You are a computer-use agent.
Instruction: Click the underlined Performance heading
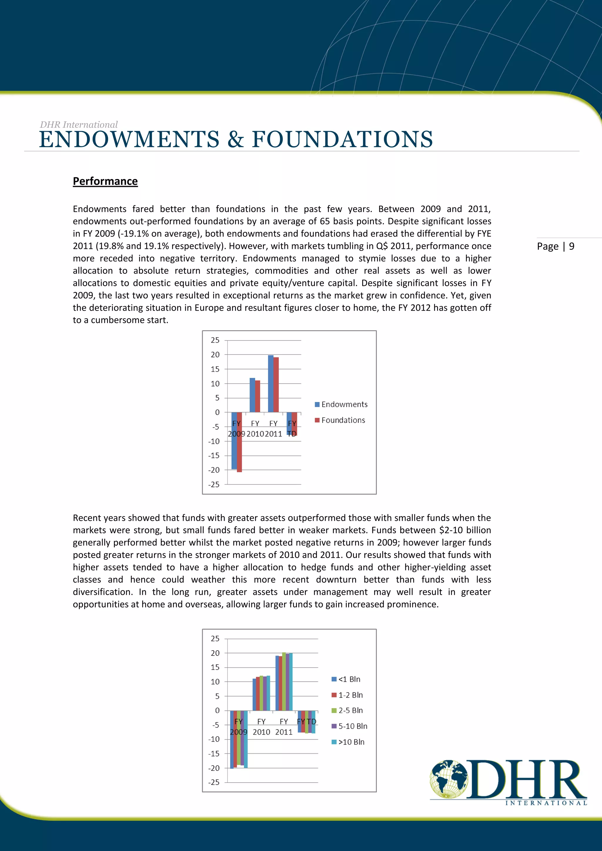[105, 181]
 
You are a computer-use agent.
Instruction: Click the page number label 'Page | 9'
[555, 247]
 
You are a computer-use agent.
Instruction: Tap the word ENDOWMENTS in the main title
[129, 140]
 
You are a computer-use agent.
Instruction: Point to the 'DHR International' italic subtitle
[78, 125]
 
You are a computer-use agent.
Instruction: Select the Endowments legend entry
[341, 404]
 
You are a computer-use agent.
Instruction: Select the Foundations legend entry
[340, 420]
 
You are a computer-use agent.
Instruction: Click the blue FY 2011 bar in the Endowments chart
[271, 383]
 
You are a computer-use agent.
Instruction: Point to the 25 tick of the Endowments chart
[215, 340]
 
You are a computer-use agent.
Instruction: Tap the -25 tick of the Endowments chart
[214, 485]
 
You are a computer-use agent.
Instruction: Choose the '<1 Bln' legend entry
[346, 679]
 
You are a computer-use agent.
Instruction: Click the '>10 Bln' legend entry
[348, 742]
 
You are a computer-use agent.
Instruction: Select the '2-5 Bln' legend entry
[347, 711]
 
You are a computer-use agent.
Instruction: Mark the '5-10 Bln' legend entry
[349, 726]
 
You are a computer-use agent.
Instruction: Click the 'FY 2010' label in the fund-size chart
[261, 727]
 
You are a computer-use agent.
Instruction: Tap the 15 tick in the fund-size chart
[215, 667]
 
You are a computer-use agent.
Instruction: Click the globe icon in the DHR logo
[449, 779]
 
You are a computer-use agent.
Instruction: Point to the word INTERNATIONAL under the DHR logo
[546, 803]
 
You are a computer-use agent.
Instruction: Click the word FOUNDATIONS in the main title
[342, 140]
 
